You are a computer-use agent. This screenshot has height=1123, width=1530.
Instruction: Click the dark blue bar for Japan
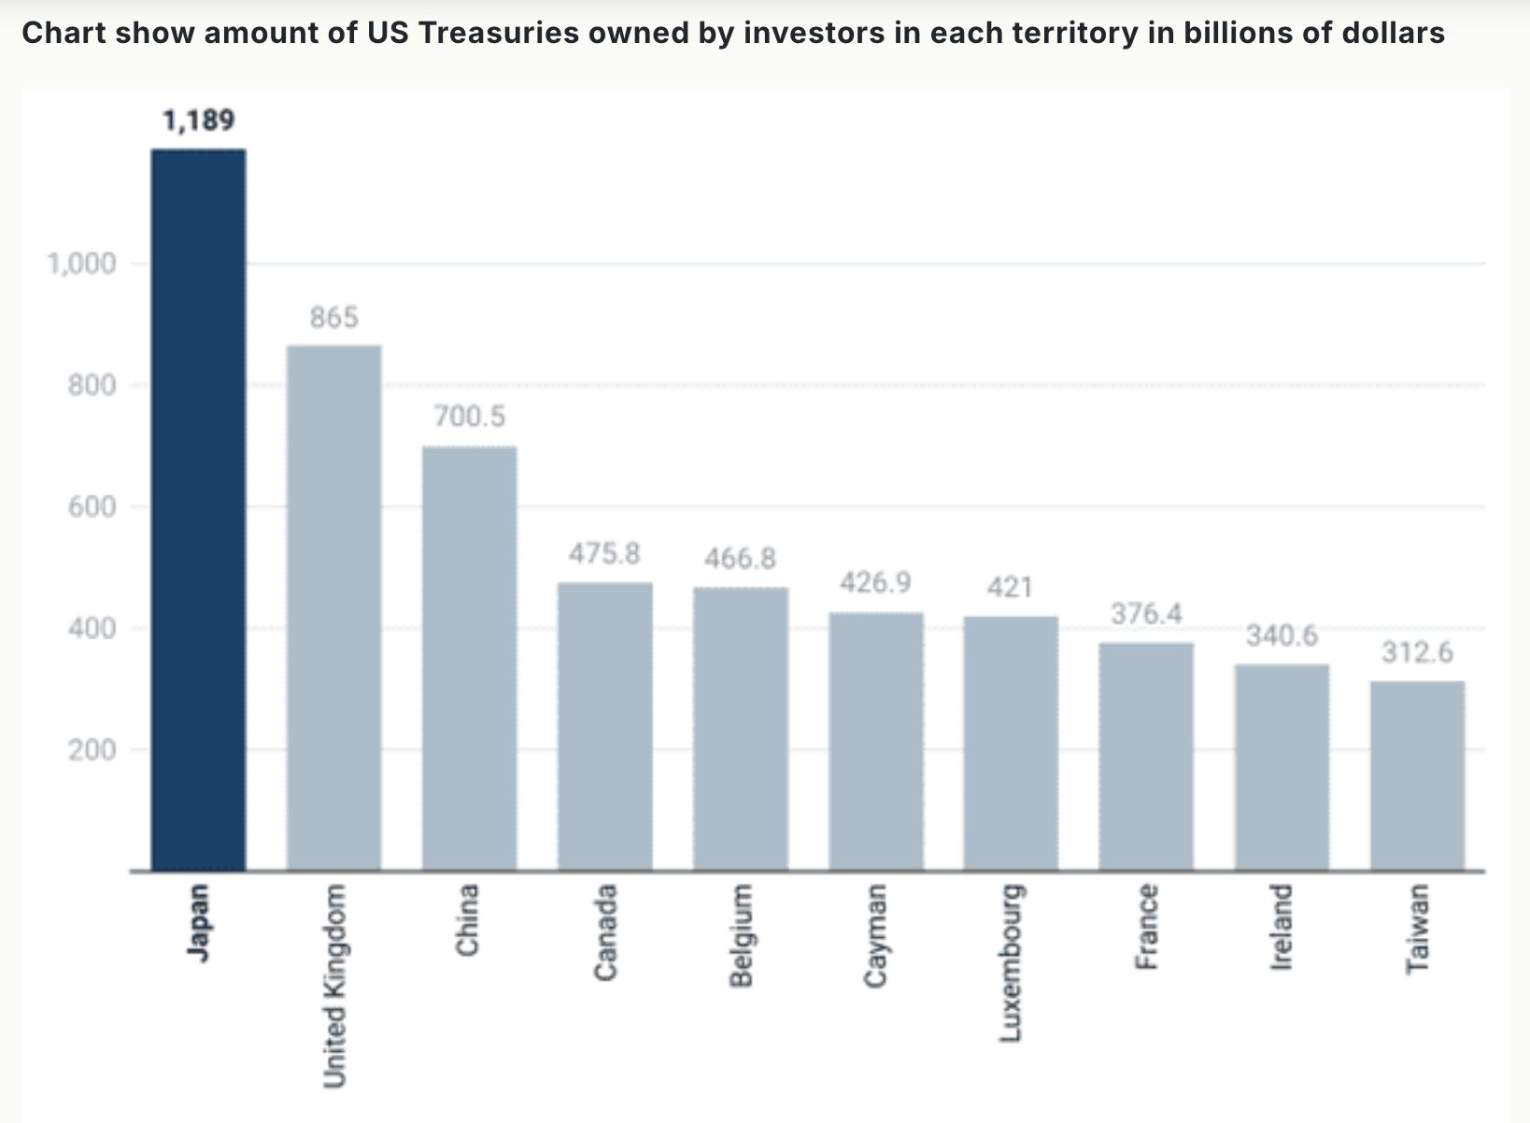[198, 509]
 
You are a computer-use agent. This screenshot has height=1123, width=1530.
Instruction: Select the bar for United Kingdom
[334, 608]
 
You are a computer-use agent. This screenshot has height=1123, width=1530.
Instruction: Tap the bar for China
[469, 659]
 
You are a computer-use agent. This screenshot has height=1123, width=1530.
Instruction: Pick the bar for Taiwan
[1417, 776]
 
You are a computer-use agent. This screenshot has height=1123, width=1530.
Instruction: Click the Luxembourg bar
[1011, 743]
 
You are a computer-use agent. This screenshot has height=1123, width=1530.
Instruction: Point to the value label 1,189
[199, 121]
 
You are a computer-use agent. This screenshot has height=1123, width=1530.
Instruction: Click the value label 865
[334, 318]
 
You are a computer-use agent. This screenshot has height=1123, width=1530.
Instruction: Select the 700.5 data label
[470, 416]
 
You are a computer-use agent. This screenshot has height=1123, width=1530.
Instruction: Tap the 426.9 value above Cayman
[875, 583]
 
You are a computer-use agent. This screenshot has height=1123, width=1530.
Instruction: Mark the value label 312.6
[1418, 652]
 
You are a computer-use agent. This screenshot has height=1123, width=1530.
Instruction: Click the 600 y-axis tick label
[92, 507]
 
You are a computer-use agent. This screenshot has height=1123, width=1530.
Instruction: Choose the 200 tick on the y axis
[92, 750]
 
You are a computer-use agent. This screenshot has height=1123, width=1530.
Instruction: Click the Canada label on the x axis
[605, 931]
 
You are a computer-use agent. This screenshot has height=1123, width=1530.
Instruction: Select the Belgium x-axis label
[741, 935]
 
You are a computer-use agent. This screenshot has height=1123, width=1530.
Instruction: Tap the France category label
[1147, 926]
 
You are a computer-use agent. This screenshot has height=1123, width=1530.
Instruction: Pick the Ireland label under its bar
[1282, 927]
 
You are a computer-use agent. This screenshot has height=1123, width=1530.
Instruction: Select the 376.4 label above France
[1147, 614]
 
